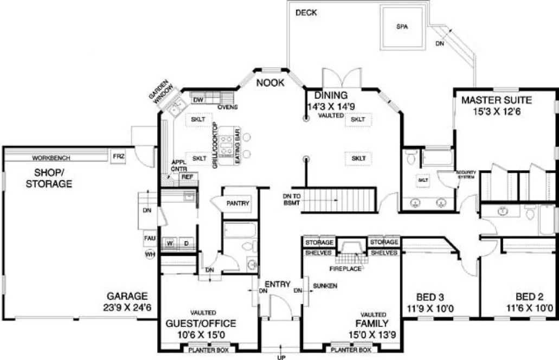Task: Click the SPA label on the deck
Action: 402,26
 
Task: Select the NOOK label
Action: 271,83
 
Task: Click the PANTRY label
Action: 239,204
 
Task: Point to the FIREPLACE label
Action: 345,268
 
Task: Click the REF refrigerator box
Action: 187,177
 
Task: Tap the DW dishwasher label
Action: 198,100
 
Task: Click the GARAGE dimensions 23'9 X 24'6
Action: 127,307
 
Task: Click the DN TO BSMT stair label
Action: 292,199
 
